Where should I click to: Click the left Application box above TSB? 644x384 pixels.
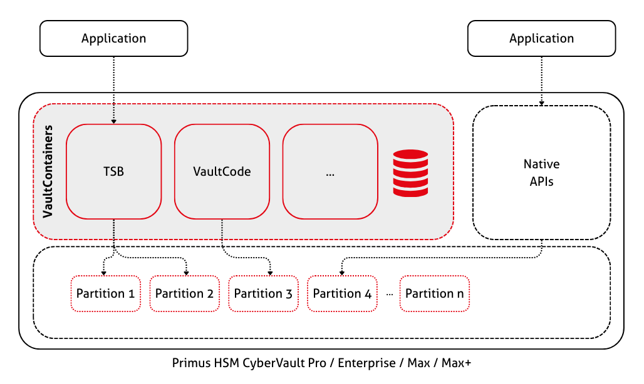pos(113,38)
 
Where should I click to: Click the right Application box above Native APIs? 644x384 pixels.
pos(541,38)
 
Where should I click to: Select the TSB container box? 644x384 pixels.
pos(113,171)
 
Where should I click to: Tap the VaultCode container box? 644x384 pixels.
pos(222,171)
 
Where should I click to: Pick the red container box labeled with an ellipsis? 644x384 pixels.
pos(330,171)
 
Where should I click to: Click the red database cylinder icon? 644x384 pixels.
pos(410,173)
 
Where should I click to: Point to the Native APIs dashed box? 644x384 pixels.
pos(541,173)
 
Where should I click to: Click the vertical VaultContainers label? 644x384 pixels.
pos(48,171)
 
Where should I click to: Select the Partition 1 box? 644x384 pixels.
pos(105,293)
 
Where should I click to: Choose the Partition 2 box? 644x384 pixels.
pos(184,293)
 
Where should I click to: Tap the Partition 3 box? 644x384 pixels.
pos(263,293)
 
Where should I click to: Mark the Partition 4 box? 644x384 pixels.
pos(342,293)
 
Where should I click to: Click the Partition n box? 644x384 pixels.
pos(434,293)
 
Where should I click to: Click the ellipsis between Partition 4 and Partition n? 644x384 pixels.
pos(389,294)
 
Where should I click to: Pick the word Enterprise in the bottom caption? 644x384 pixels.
pos(363,363)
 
